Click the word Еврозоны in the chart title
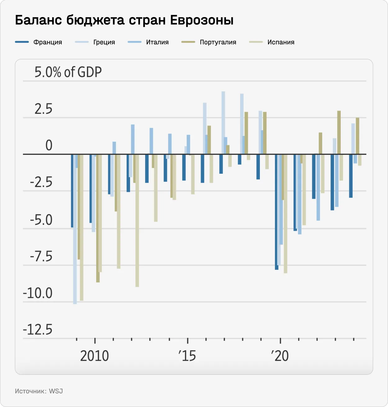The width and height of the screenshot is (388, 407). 202,20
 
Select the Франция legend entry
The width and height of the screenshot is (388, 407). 47,42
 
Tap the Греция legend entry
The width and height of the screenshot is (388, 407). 104,42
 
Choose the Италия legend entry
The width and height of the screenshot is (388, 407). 157,42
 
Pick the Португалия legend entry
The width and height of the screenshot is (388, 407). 218,42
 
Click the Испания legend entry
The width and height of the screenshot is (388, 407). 281,42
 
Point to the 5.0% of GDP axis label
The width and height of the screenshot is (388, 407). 68,72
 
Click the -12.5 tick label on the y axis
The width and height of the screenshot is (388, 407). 38,329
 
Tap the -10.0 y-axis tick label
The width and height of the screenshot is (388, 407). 38,293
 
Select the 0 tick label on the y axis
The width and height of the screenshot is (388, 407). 49,145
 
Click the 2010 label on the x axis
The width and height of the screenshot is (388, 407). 94,356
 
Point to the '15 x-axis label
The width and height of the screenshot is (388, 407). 187,356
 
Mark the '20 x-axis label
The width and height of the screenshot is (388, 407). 280,356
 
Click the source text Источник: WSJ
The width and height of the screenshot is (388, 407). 39,391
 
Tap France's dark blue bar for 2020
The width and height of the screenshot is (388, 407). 277,211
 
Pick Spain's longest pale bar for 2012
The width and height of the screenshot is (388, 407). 137,220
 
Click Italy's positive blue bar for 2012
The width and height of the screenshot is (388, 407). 133,139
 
